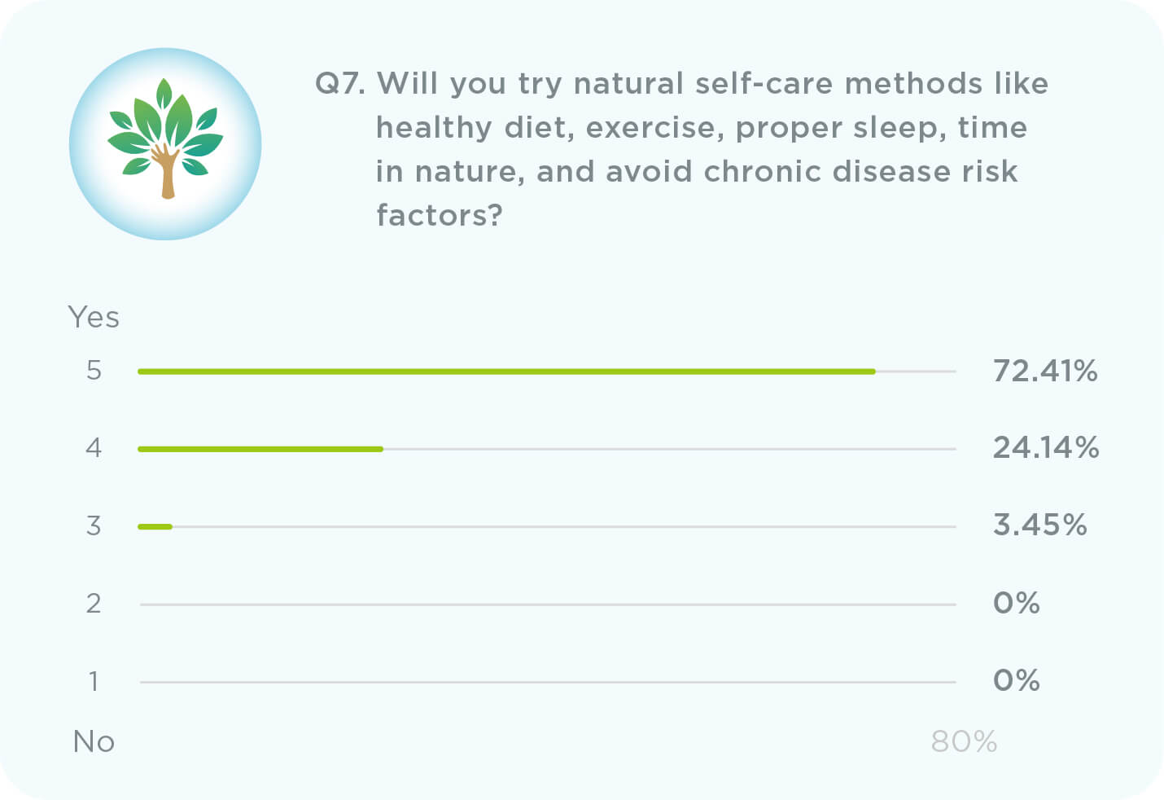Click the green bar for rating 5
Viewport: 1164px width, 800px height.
506,371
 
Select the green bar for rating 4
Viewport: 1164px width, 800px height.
260,449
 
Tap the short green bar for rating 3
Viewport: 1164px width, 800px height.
155,527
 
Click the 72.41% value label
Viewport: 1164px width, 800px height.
1045,371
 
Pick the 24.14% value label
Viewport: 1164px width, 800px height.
1046,448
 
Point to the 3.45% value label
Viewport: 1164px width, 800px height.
1039,525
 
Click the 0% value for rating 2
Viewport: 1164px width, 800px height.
1016,604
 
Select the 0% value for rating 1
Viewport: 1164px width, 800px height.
1016,680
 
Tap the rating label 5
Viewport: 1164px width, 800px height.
94,371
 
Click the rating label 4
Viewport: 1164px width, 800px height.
94,448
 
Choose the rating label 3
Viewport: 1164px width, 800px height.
94,526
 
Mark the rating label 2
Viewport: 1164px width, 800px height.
94,604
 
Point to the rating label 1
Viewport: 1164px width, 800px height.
94,681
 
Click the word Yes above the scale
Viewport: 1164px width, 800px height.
94,318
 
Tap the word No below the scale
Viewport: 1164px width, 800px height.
94,742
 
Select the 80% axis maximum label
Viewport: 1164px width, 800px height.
964,742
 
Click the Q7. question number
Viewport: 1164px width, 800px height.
339,84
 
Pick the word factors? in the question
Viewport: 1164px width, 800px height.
440,216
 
